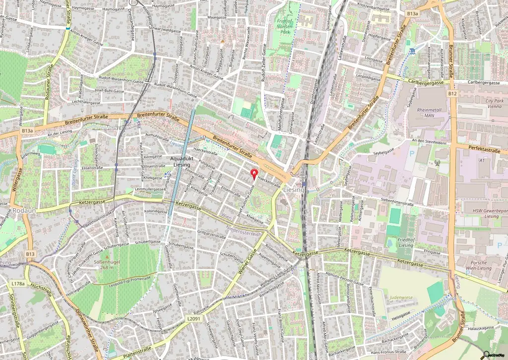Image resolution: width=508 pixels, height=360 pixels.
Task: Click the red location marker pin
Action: click(255, 174)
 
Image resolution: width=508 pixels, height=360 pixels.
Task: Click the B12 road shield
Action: click(452, 93)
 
